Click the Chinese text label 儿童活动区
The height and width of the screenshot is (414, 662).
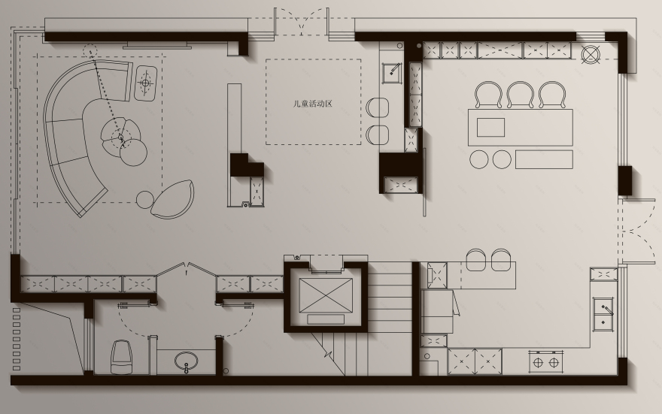point(313,104)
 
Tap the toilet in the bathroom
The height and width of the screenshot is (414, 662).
point(122,357)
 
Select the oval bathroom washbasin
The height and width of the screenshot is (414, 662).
point(187,361)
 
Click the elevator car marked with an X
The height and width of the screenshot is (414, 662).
point(326,295)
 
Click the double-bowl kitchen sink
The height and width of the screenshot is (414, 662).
point(604,313)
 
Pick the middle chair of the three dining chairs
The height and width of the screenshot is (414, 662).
point(521,95)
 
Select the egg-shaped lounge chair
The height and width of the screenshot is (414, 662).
point(173,199)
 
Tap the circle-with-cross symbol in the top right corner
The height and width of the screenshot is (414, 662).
point(591,54)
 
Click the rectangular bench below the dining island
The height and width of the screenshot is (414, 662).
point(544,159)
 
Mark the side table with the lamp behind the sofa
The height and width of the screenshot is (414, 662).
point(146,83)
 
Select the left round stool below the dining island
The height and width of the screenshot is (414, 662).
point(478,160)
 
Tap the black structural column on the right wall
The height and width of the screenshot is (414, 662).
point(625,180)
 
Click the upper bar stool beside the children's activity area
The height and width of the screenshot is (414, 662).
point(377,107)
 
